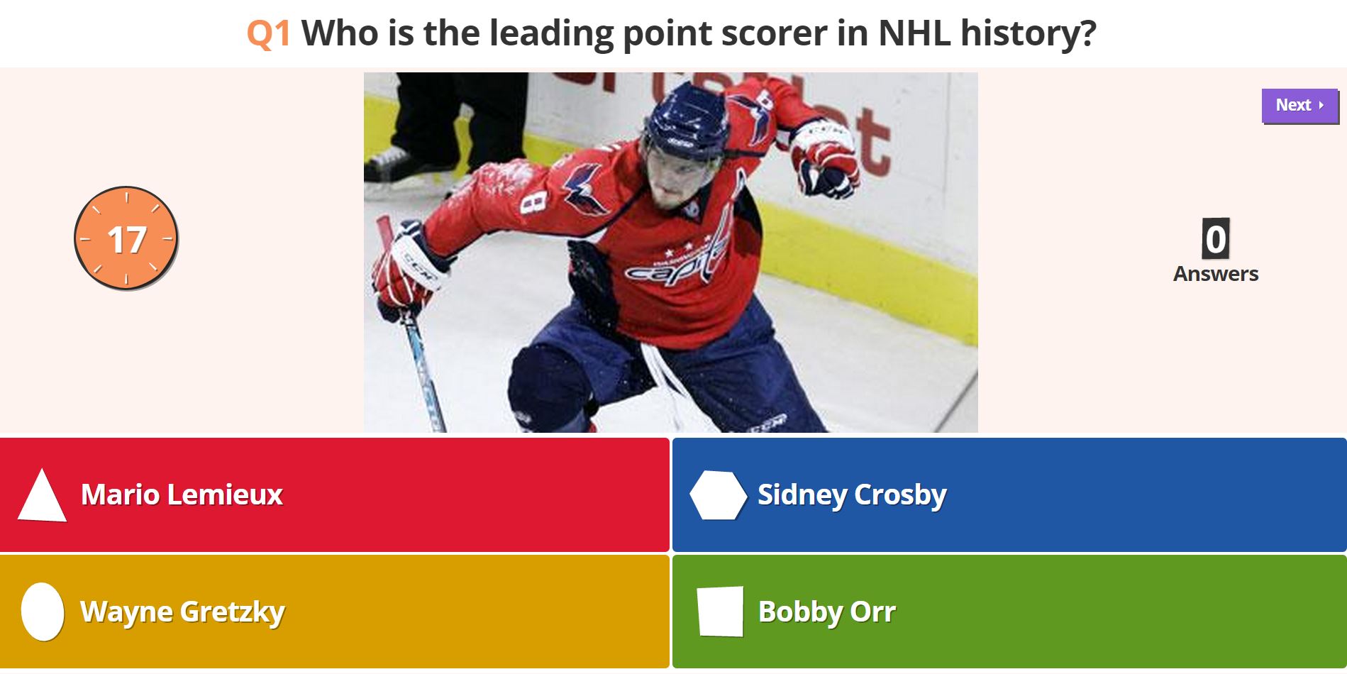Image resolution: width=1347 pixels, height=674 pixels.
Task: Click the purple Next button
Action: (x=1299, y=106)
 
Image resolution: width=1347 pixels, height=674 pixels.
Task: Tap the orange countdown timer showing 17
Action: (x=126, y=238)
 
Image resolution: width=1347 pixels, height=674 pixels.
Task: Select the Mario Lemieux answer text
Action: (x=182, y=495)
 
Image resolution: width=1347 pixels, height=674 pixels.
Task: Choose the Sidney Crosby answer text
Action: (x=852, y=495)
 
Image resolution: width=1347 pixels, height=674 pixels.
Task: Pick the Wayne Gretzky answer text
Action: (x=182, y=612)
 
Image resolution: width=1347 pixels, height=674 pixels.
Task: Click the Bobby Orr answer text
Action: (x=827, y=612)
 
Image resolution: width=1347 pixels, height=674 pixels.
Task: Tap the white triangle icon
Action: (x=43, y=497)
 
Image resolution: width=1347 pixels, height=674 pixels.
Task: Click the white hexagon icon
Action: (x=719, y=495)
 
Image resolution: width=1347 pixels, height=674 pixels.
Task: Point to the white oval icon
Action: (x=43, y=612)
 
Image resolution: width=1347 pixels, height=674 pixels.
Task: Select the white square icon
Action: (x=721, y=611)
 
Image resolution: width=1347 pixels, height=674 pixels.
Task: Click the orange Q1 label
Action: (x=269, y=34)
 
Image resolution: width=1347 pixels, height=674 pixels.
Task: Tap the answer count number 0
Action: (x=1216, y=239)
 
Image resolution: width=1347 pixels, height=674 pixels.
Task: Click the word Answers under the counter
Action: (x=1216, y=274)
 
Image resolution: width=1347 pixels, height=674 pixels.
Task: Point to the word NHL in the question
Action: (x=914, y=33)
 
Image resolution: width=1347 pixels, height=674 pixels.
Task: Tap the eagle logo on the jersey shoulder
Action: (x=586, y=189)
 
